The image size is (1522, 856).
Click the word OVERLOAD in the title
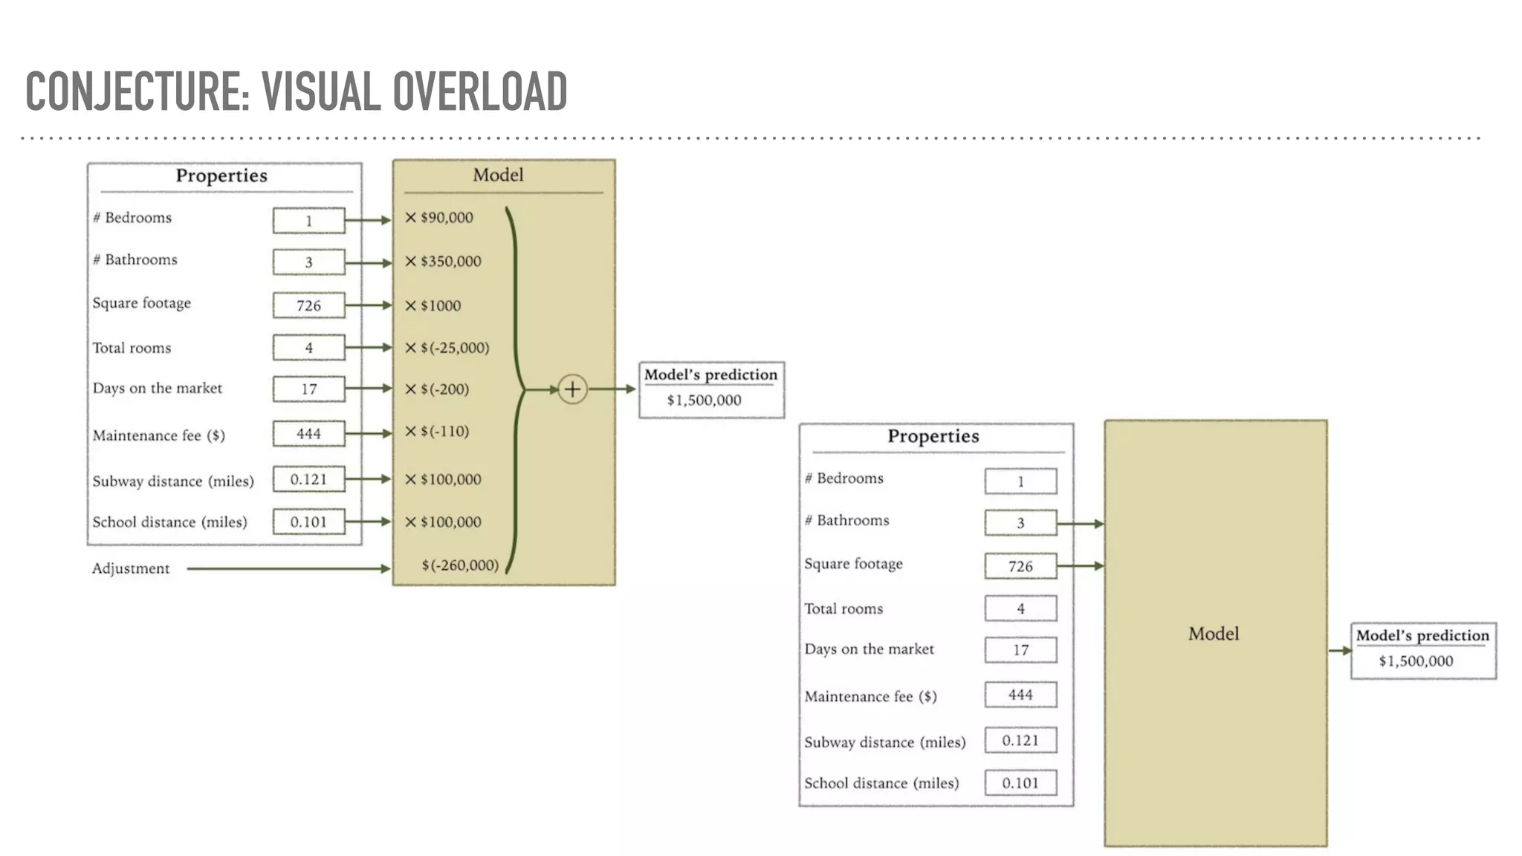(x=480, y=92)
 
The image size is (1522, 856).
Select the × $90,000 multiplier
(x=439, y=218)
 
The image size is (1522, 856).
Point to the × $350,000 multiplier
(x=443, y=262)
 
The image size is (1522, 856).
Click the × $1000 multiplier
(x=433, y=305)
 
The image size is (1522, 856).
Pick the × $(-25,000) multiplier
(x=447, y=348)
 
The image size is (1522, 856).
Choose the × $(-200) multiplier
(x=437, y=389)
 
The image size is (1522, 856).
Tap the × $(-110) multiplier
(x=437, y=432)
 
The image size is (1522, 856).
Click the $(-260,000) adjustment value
(x=460, y=565)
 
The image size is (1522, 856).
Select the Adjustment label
(x=131, y=568)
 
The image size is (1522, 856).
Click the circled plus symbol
(x=572, y=389)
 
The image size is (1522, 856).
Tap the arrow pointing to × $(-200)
(x=369, y=389)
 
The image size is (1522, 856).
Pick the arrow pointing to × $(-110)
(x=369, y=433)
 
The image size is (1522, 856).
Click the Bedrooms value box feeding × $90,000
(x=308, y=221)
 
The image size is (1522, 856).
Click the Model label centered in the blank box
(x=1214, y=634)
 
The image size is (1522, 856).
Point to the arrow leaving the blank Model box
(x=1339, y=651)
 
